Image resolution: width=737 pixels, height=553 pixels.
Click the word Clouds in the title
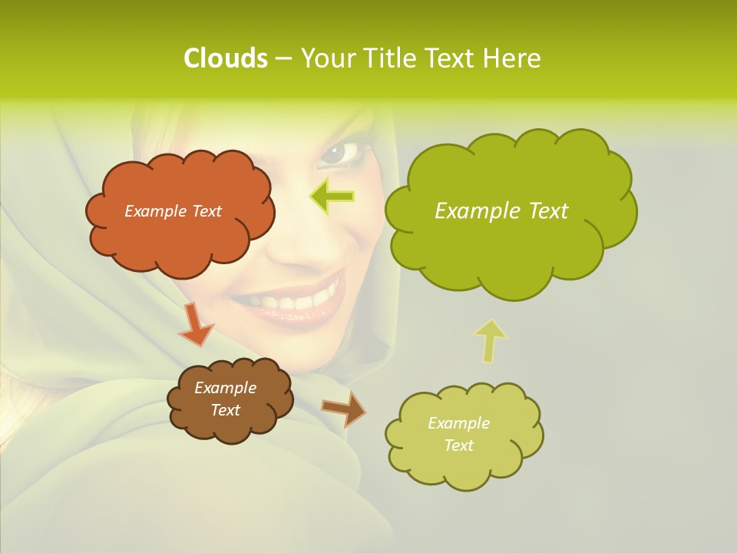tap(226, 58)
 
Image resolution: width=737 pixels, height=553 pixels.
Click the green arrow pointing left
tap(332, 197)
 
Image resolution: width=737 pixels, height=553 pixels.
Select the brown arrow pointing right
tap(343, 409)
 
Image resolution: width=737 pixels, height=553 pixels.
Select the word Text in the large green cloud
tap(544, 211)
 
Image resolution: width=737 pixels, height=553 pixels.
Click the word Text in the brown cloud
tap(225, 411)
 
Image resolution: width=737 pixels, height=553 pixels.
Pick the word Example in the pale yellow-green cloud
tap(458, 423)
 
